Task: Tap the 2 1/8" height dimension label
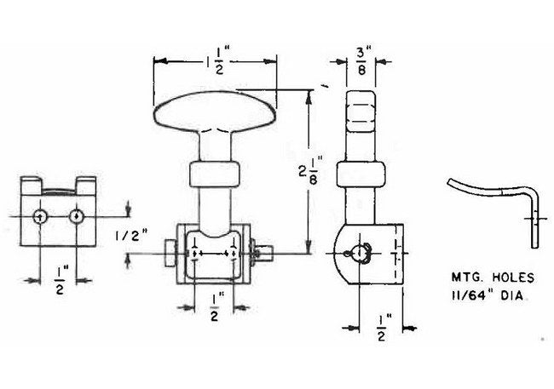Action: click(x=308, y=170)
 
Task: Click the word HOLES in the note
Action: click(x=513, y=277)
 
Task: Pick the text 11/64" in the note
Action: click(x=472, y=295)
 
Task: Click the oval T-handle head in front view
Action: click(x=215, y=111)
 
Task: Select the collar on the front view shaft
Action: click(x=215, y=174)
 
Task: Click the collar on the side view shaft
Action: click(x=361, y=174)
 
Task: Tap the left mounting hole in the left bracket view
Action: click(x=40, y=217)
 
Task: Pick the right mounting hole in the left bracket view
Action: click(x=76, y=216)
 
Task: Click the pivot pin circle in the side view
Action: click(x=359, y=253)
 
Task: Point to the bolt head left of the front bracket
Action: click(x=170, y=254)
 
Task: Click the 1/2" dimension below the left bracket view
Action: click(x=60, y=281)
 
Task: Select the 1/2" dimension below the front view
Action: click(x=215, y=308)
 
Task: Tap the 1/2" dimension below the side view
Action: click(x=382, y=329)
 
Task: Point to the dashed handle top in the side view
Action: click(x=361, y=112)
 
